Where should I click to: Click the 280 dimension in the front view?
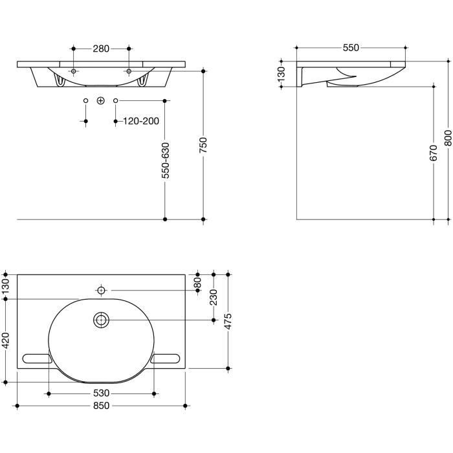coord(101,49)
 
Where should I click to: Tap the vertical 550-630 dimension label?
coord(166,160)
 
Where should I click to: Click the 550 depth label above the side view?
coord(350,48)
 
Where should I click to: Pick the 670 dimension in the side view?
coord(433,153)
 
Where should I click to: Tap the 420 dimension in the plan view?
coord(6,340)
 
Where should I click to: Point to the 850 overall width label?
coord(101,406)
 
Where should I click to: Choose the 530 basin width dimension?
coord(101,393)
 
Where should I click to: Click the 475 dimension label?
coord(228,321)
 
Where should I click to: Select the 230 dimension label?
coord(214,297)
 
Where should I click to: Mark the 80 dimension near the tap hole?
coord(198,283)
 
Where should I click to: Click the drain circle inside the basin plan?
coord(102,320)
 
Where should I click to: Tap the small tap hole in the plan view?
coord(102,291)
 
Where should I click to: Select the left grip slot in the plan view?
coord(37,358)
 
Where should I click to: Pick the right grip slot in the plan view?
coord(166,358)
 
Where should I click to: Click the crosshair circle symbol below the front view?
coord(100,100)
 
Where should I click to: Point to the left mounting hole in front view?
coord(74,71)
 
